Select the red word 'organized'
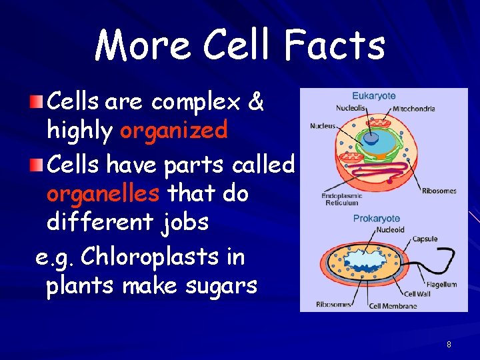click(174, 131)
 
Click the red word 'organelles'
click(102, 194)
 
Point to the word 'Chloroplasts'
click(173, 257)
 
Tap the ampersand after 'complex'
click(255, 103)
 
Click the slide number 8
click(449, 345)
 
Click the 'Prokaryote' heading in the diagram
click(377, 218)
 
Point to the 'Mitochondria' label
click(414, 108)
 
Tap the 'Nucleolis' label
click(350, 108)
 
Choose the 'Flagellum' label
click(441, 285)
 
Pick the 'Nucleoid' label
click(390, 229)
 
